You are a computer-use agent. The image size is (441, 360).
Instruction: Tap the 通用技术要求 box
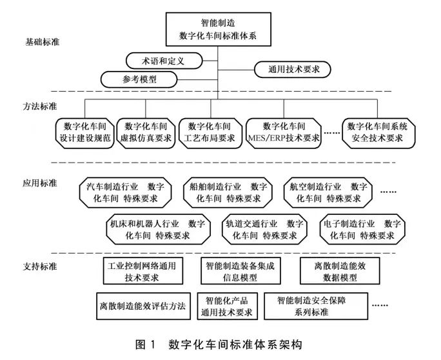pos(290,67)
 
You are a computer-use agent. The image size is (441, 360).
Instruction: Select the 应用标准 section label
pos(38,183)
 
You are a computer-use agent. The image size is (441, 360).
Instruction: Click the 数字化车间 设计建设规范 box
pos(81,131)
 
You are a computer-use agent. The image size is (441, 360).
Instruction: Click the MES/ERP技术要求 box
pos(284,131)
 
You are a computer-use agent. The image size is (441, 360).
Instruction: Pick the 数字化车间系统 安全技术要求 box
pos(377,131)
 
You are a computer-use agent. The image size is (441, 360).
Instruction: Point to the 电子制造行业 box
pos(361,229)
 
